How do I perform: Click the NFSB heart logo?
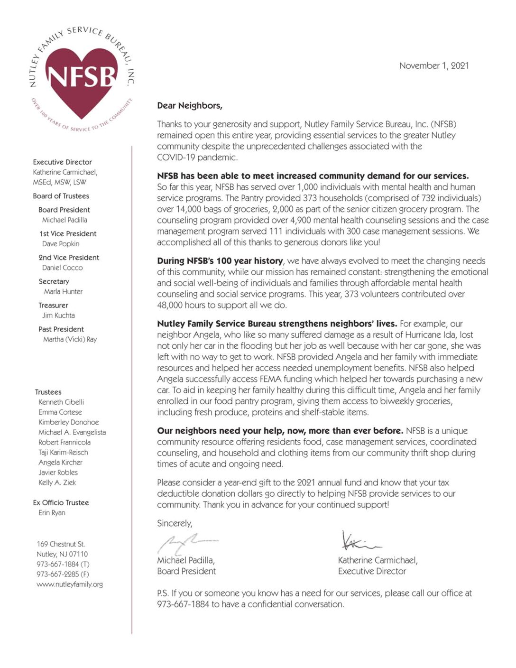[82, 78]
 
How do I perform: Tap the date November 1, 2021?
[434, 66]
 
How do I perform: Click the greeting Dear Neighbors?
[190, 106]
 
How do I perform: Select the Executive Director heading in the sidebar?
[62, 162]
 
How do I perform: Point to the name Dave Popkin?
[61, 244]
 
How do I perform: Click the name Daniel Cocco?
[62, 268]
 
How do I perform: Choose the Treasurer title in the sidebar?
[53, 306]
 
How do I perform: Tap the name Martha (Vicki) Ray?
[70, 339]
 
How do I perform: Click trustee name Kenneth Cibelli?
[61, 402]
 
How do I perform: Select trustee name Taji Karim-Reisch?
[63, 453]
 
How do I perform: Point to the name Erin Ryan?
[52, 513]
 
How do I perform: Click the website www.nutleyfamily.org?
[70, 584]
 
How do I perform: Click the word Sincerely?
[175, 523]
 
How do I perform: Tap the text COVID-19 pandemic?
[197, 158]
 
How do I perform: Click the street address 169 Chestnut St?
[61, 544]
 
